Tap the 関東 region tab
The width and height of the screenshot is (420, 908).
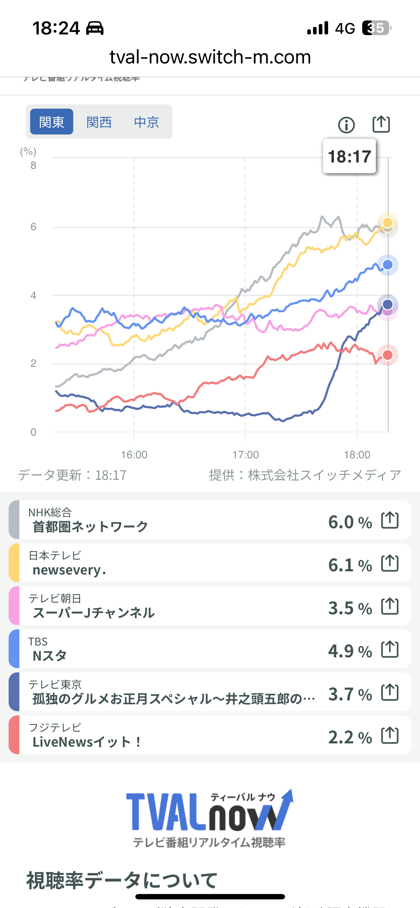pyautogui.click(x=52, y=122)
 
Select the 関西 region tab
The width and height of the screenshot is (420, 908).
pyautogui.click(x=99, y=122)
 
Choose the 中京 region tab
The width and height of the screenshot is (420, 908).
pyautogui.click(x=146, y=122)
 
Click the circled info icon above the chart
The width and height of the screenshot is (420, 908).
pyautogui.click(x=346, y=125)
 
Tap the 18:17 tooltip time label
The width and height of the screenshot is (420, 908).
pyautogui.click(x=349, y=156)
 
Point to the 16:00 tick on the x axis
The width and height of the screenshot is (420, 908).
pyautogui.click(x=134, y=455)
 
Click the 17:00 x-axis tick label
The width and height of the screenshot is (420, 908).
pyautogui.click(x=246, y=455)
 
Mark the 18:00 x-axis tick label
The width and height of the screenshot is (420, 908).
pyautogui.click(x=357, y=455)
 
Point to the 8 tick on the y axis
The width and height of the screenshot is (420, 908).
pyautogui.click(x=33, y=165)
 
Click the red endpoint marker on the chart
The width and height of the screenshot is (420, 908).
pyautogui.click(x=388, y=355)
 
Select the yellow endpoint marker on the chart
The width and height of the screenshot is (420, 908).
pyautogui.click(x=388, y=222)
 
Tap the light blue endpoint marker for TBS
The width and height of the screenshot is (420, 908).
pyautogui.click(x=388, y=265)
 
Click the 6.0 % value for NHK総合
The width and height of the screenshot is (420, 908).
pyautogui.click(x=350, y=522)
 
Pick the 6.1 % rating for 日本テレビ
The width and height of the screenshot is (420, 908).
pyautogui.click(x=350, y=565)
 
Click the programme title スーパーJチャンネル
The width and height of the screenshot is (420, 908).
pyautogui.click(x=94, y=613)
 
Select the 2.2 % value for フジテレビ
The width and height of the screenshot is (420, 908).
pyautogui.click(x=350, y=737)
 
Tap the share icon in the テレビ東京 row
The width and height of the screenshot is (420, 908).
pyautogui.click(x=390, y=692)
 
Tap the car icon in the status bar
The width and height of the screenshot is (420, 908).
pyautogui.click(x=95, y=28)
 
